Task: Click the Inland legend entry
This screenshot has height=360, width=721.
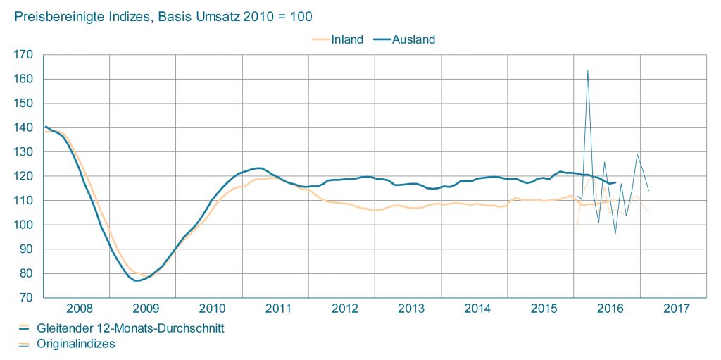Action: (347, 39)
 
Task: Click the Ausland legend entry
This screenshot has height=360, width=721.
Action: (413, 39)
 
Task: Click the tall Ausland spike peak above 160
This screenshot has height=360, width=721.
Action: (587, 70)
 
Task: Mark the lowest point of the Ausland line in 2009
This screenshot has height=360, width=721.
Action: (137, 280)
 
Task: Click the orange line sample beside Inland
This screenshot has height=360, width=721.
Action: (321, 39)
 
